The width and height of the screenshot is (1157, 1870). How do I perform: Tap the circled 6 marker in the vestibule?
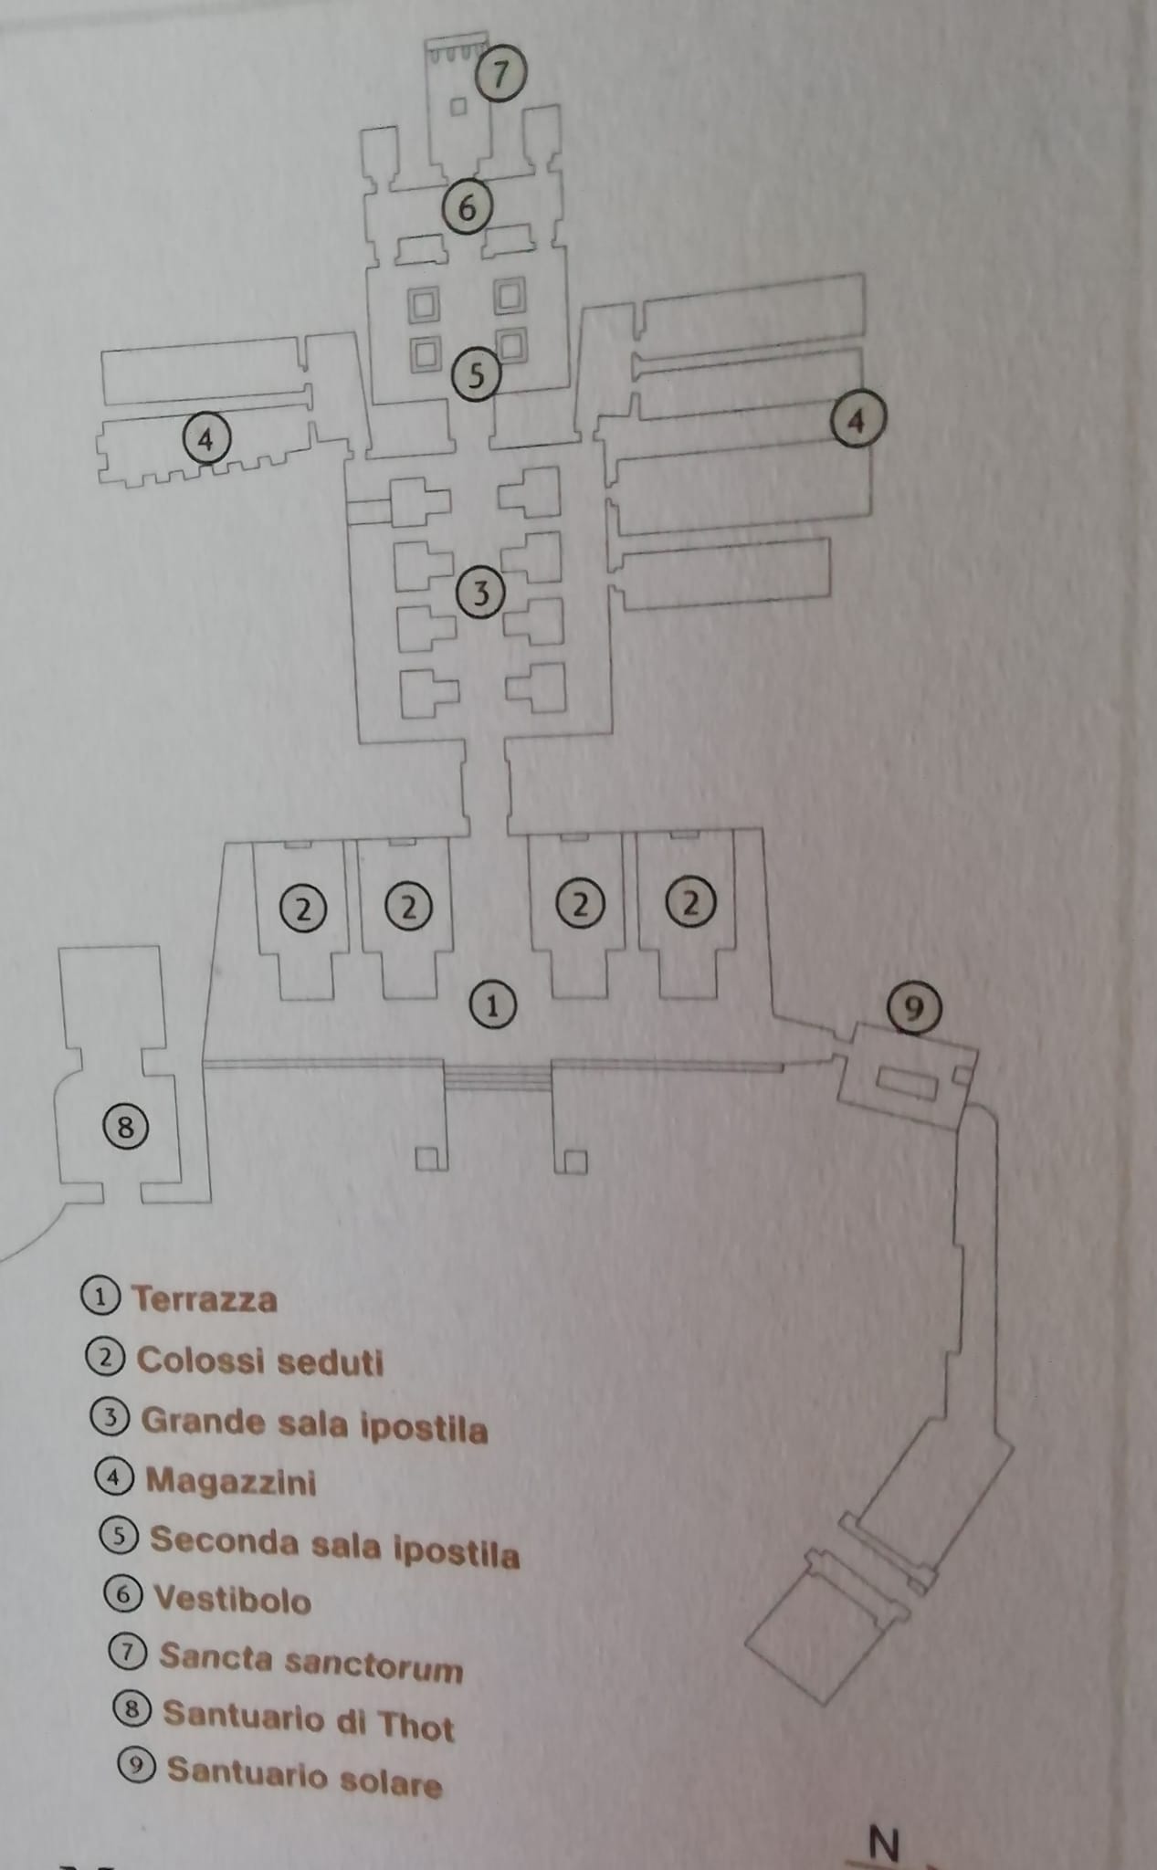coord(467,208)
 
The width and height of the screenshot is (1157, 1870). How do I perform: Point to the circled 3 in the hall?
coord(480,594)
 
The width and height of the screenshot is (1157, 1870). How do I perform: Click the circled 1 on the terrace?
coord(492,1005)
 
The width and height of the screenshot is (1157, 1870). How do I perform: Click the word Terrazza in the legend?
coord(205,1298)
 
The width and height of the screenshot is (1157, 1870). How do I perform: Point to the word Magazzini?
coord(231,1481)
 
